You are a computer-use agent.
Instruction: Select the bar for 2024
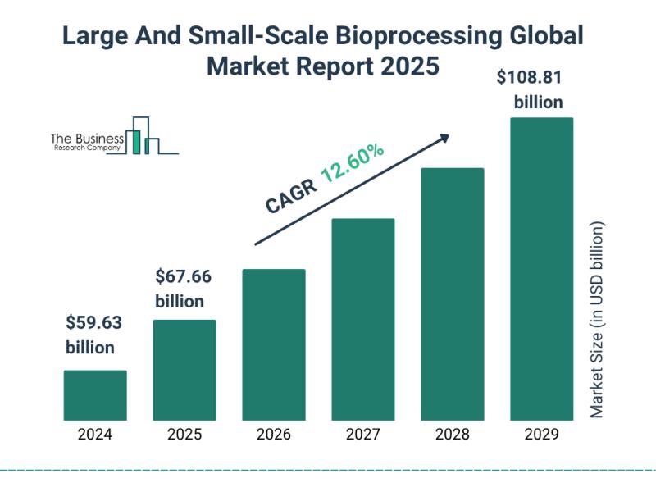[x=95, y=394]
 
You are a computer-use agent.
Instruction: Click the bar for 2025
[x=184, y=369]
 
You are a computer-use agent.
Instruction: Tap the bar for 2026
[x=274, y=344]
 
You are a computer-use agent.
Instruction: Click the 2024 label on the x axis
[x=95, y=435]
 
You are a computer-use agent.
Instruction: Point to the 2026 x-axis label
[x=274, y=435]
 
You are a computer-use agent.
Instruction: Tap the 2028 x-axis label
[x=453, y=435]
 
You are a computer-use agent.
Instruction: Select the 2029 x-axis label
[x=541, y=435]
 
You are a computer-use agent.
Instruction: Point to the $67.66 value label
[x=184, y=276]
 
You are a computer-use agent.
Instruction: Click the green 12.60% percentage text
[x=353, y=163]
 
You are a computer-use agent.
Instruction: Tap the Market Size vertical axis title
[x=597, y=320]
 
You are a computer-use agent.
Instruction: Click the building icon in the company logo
[x=141, y=136]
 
